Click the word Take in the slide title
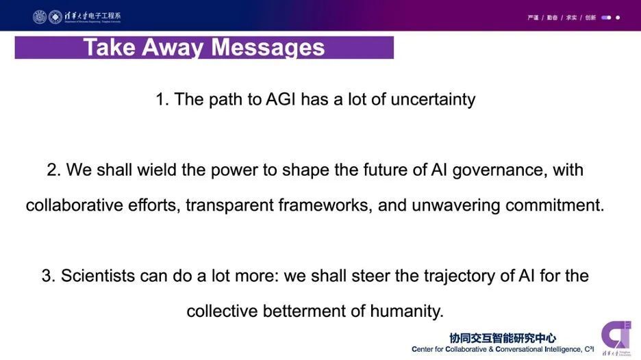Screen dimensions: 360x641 pyautogui.click(x=109, y=47)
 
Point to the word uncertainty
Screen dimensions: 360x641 pyautogui.click(x=433, y=99)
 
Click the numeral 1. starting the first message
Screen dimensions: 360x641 pyautogui.click(x=162, y=99)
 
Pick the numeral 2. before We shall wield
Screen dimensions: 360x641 pyautogui.click(x=54, y=170)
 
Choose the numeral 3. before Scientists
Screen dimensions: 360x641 pyautogui.click(x=49, y=276)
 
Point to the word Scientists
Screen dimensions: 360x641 pyautogui.click(x=96, y=276)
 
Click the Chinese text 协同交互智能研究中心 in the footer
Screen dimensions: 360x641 pyautogui.click(x=503, y=338)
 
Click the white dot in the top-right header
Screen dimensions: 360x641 pyautogui.click(x=618, y=18)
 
